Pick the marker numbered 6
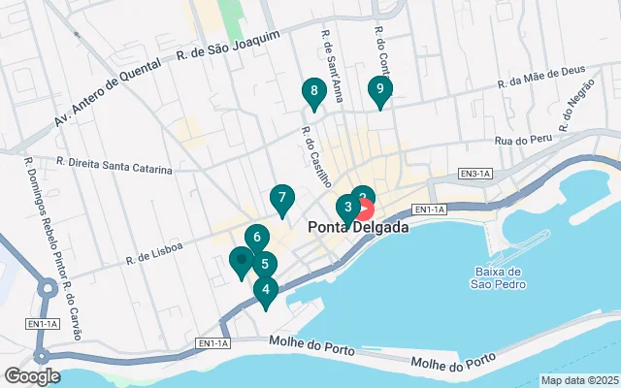[256, 237]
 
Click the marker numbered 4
[265, 289]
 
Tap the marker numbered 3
[347, 207]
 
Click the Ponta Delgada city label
[358, 228]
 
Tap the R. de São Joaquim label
[229, 48]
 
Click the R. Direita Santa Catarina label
[114, 165]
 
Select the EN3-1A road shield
[476, 174]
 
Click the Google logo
[32, 376]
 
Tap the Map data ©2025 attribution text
[579, 380]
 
